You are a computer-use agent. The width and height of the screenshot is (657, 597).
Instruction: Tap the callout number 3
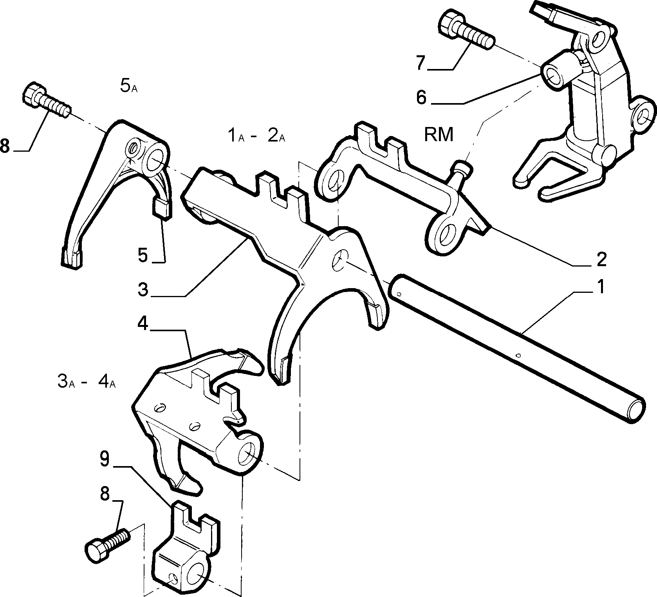pyautogui.click(x=143, y=290)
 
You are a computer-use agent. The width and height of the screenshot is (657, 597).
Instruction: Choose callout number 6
pyautogui.click(x=421, y=97)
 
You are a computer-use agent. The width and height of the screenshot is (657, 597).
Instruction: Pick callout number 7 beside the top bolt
pyautogui.click(x=420, y=63)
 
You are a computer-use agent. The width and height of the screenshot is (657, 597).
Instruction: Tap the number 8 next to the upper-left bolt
pyautogui.click(x=5, y=146)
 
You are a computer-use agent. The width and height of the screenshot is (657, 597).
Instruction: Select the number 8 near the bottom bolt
pyautogui.click(x=105, y=495)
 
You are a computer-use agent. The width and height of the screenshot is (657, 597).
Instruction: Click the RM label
pyautogui.click(x=439, y=135)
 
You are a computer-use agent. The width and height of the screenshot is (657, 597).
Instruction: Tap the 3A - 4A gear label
pyautogui.click(x=87, y=381)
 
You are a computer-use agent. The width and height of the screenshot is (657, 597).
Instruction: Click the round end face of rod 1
pyautogui.click(x=635, y=410)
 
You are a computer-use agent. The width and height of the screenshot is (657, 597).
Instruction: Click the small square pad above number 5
pyautogui.click(x=161, y=207)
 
